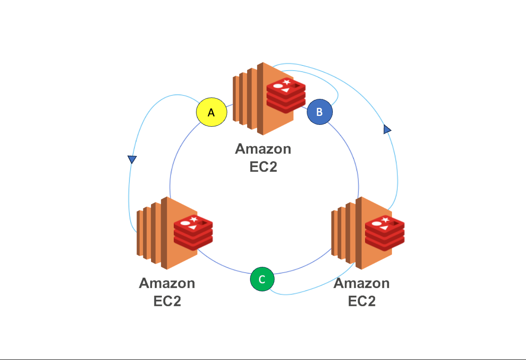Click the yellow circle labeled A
click(x=212, y=113)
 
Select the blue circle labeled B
click(x=320, y=112)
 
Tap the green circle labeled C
click(x=262, y=279)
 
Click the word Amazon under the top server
click(x=263, y=149)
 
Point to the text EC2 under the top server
click(x=263, y=167)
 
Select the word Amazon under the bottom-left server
click(x=167, y=283)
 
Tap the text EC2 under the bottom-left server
click(x=167, y=301)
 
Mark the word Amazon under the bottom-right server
click(x=362, y=283)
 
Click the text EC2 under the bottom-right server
click(x=362, y=301)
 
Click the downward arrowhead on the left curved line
click(x=132, y=159)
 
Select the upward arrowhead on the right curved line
click(x=387, y=129)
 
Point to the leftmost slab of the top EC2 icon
click(x=235, y=100)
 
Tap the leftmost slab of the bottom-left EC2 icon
click(x=139, y=234)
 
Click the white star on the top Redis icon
click(x=286, y=83)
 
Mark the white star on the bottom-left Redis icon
click(x=194, y=219)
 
